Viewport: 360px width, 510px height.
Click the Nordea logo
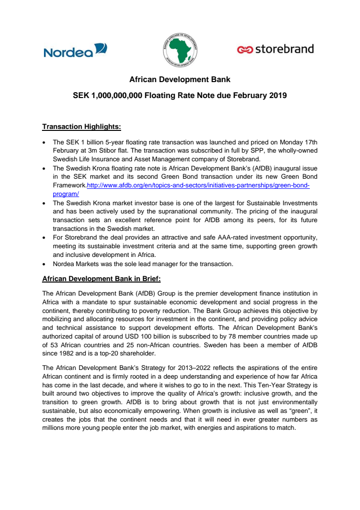(x=75, y=50)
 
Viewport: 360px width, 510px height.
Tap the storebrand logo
(x=276, y=49)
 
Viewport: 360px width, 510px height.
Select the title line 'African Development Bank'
(x=180, y=79)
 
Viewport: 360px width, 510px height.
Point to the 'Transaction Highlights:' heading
(x=82, y=127)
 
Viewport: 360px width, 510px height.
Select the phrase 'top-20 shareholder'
(x=124, y=354)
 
